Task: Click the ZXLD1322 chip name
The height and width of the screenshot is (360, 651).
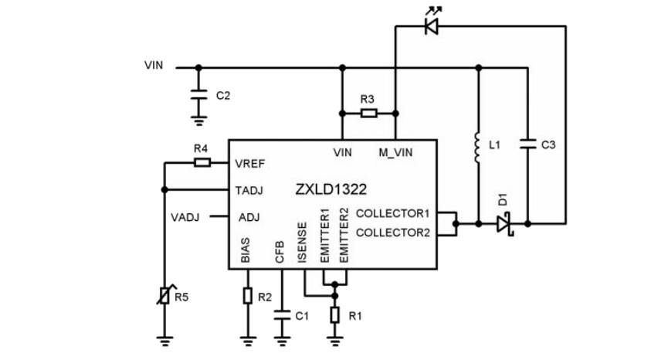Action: pos(330,189)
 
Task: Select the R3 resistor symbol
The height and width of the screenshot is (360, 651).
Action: pos(368,114)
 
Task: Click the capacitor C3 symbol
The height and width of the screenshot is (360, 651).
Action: pos(528,144)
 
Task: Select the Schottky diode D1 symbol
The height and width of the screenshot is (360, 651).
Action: pos(504,224)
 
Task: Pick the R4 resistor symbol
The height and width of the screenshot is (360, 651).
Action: pos(202,162)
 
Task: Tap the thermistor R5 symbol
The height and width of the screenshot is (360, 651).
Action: pos(164,295)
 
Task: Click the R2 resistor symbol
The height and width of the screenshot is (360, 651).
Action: pos(247,295)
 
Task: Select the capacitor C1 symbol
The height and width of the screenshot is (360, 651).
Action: pos(281,314)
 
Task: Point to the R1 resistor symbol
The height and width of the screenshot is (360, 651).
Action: pos(334,314)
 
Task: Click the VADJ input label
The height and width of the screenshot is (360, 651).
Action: pos(185,217)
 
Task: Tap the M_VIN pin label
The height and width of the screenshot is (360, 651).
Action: pos(395,152)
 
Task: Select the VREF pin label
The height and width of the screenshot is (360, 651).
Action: pos(250,165)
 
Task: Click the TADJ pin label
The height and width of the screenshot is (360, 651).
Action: pos(250,190)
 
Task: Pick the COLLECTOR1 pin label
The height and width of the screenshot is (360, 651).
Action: pos(394,213)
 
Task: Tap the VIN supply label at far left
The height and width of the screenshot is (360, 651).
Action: pos(154,65)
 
